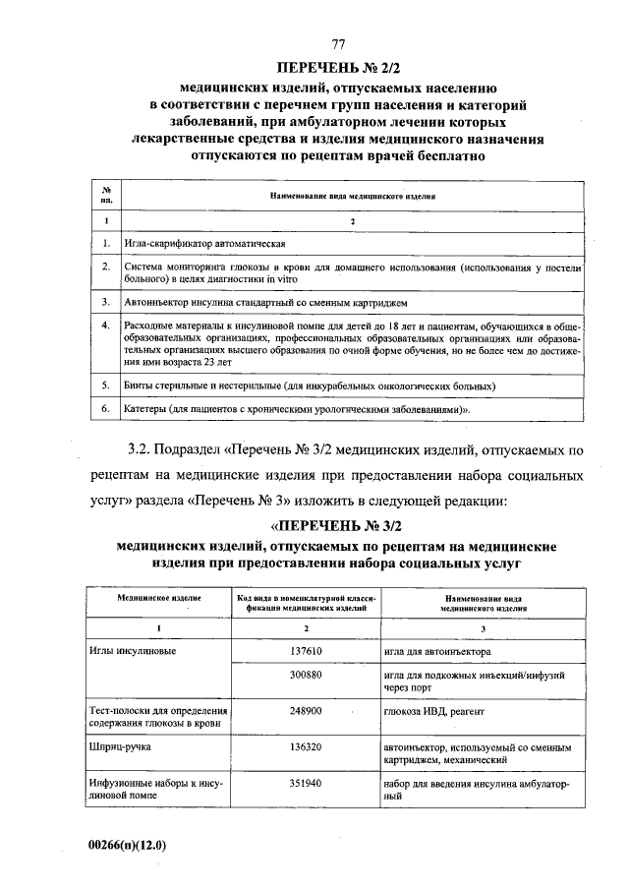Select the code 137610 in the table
click(307, 651)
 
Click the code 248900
click(307, 710)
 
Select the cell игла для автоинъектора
click(438, 651)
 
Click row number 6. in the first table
click(105, 406)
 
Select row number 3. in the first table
click(105, 301)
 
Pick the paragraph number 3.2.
click(146, 451)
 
